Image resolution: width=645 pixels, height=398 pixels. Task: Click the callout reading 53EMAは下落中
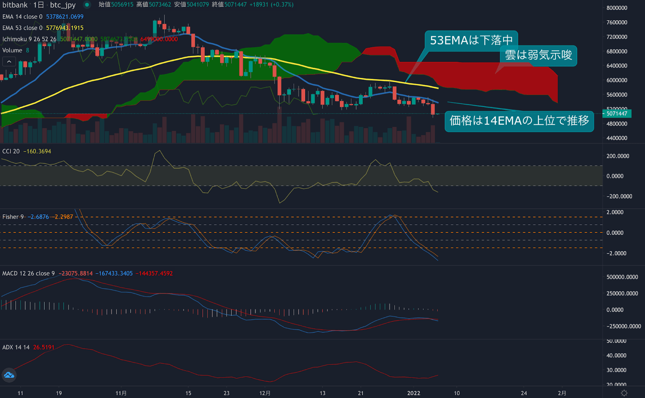click(471, 40)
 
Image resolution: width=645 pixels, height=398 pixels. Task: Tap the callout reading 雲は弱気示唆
click(538, 55)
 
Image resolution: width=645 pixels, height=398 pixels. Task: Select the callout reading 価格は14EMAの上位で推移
click(519, 121)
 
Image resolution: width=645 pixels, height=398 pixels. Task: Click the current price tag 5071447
click(617, 114)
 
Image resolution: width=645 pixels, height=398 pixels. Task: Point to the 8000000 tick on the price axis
click(617, 8)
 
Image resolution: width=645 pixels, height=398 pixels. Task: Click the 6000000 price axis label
click(617, 80)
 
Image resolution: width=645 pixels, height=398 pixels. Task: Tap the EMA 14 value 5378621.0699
click(64, 17)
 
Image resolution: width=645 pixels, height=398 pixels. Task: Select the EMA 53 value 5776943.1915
click(64, 28)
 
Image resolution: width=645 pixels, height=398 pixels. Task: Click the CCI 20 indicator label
click(11, 151)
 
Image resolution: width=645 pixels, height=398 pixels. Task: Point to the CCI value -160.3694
click(37, 151)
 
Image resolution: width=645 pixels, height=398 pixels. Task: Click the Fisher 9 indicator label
click(13, 217)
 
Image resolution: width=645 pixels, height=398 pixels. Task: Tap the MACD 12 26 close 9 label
click(28, 274)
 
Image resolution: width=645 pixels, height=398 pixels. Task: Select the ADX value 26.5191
click(44, 347)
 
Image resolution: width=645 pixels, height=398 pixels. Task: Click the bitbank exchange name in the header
click(15, 5)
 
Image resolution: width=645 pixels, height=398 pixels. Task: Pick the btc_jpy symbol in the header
click(63, 5)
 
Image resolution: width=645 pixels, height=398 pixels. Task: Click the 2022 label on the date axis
click(414, 393)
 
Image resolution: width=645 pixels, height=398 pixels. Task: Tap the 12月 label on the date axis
click(265, 393)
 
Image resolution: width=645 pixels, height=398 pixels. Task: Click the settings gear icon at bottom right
click(624, 393)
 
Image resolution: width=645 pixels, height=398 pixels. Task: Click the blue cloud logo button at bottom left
click(9, 375)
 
